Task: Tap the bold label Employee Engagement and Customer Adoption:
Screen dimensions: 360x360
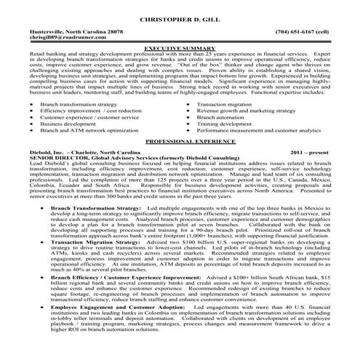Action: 119,308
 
